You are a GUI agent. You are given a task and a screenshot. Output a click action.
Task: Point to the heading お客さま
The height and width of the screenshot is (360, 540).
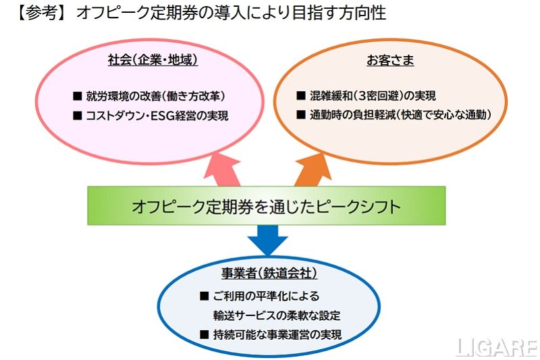click(x=390, y=60)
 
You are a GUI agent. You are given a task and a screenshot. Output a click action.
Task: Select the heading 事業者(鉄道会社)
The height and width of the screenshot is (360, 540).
click(x=269, y=274)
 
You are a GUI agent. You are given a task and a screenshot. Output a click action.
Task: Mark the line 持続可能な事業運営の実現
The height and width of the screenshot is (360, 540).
click(x=277, y=334)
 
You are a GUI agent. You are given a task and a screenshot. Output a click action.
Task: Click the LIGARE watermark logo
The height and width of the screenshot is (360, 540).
click(x=496, y=347)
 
